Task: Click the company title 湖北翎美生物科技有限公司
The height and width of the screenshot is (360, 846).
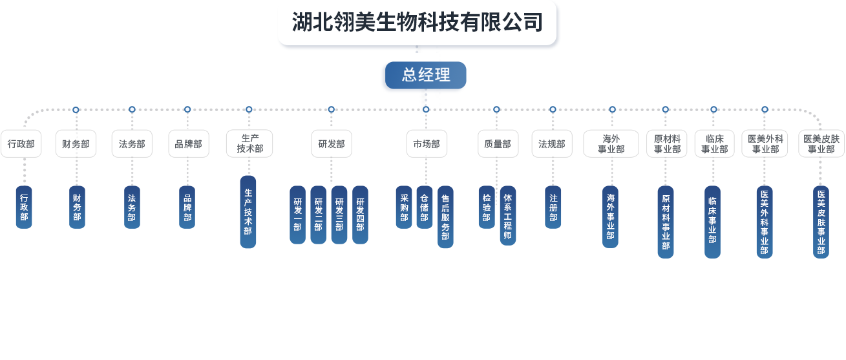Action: coord(417,23)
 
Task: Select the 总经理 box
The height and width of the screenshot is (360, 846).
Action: coord(425,75)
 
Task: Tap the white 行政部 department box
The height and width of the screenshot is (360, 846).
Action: coord(21,143)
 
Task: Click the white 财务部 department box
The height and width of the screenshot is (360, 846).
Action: coord(76,143)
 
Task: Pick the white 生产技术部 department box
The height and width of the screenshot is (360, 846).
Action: coord(249,143)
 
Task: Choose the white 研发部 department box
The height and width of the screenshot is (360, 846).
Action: coord(331,143)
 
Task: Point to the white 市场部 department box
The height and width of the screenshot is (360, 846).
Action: coord(427,143)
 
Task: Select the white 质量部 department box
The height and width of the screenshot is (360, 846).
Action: coord(498,143)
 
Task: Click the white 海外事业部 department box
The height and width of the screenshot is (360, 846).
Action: coord(611,143)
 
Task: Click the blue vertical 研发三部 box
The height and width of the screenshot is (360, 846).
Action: coord(339,215)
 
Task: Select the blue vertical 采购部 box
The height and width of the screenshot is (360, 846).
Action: coord(404,207)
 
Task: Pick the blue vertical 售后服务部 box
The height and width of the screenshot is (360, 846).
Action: coord(445,217)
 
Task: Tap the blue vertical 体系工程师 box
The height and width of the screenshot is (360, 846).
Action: coord(507,215)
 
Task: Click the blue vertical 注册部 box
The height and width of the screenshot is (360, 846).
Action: coord(553,207)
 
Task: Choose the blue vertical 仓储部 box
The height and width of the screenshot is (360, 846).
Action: coord(424,207)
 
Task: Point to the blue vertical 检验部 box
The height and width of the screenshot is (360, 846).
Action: coord(487,207)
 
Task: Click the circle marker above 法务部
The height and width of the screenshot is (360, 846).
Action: coord(132,109)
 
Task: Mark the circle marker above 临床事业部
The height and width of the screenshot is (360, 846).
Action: coord(714,109)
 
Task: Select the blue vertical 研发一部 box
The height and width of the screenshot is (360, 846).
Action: coord(297,215)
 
